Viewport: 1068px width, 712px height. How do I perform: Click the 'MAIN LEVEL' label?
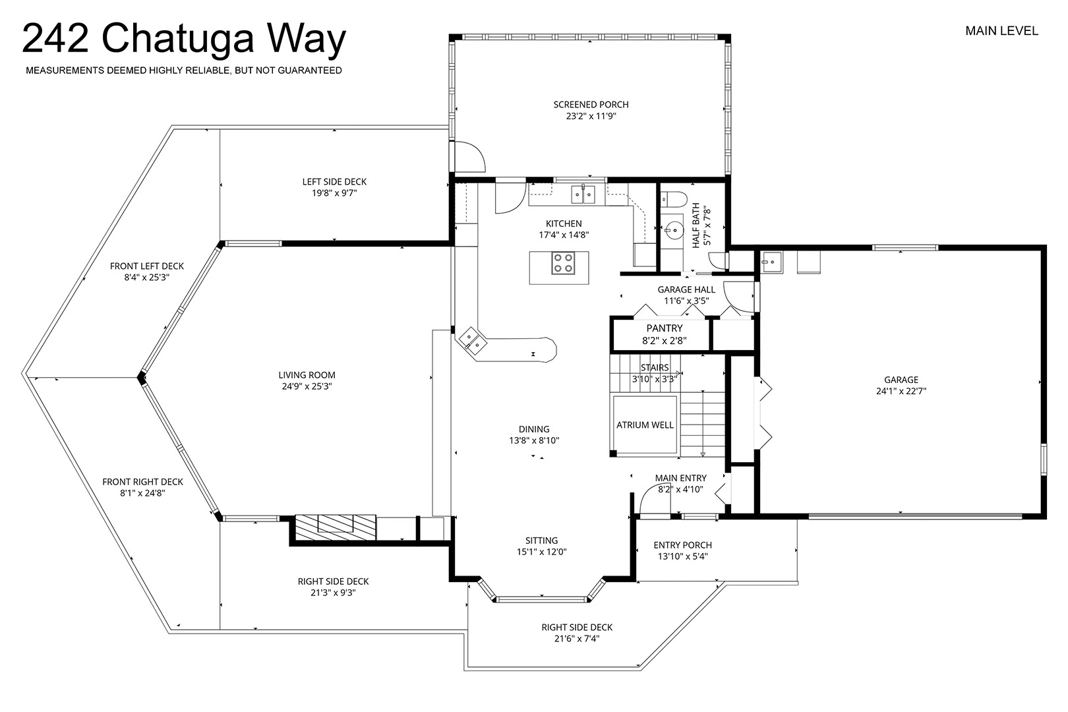click(1001, 31)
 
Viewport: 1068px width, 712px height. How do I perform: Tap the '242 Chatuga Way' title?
click(184, 40)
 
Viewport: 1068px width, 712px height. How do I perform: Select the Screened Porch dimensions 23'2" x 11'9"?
click(591, 116)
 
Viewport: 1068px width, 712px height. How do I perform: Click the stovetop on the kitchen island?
click(563, 263)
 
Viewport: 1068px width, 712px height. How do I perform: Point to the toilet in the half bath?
click(673, 198)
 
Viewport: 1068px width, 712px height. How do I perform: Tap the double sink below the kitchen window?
click(583, 194)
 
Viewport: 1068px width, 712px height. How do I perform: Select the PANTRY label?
click(664, 328)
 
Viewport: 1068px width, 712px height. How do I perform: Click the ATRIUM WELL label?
click(645, 425)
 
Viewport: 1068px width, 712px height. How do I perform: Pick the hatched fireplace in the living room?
click(336, 527)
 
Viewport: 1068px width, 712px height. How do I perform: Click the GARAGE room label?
click(901, 380)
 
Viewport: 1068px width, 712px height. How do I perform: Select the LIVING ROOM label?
click(307, 375)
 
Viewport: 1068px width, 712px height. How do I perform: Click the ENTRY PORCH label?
click(683, 545)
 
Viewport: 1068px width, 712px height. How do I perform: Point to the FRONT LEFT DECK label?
click(147, 266)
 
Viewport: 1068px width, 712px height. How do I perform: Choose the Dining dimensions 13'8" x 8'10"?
click(534, 440)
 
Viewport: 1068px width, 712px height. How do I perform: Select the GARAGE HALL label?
click(686, 289)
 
